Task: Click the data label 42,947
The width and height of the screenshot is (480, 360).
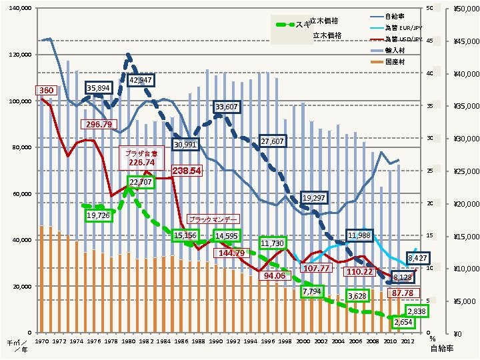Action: pyautogui.click(x=141, y=81)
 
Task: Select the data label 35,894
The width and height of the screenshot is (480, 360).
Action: pyautogui.click(x=99, y=88)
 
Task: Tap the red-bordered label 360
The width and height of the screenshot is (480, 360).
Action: pyautogui.click(x=46, y=90)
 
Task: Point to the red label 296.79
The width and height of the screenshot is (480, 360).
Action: pyautogui.click(x=99, y=124)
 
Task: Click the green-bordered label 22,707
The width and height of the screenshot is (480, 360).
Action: pyautogui.click(x=140, y=181)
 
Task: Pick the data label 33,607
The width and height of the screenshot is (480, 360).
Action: pyautogui.click(x=225, y=107)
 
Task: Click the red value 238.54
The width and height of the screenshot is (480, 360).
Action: pyautogui.click(x=186, y=171)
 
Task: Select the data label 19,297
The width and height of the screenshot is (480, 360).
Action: pyautogui.click(x=313, y=198)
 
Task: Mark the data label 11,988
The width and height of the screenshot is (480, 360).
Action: pyautogui.click(x=359, y=236)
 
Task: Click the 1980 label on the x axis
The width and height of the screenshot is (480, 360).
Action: pyautogui.click(x=128, y=341)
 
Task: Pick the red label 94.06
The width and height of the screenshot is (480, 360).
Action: pyautogui.click(x=274, y=275)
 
